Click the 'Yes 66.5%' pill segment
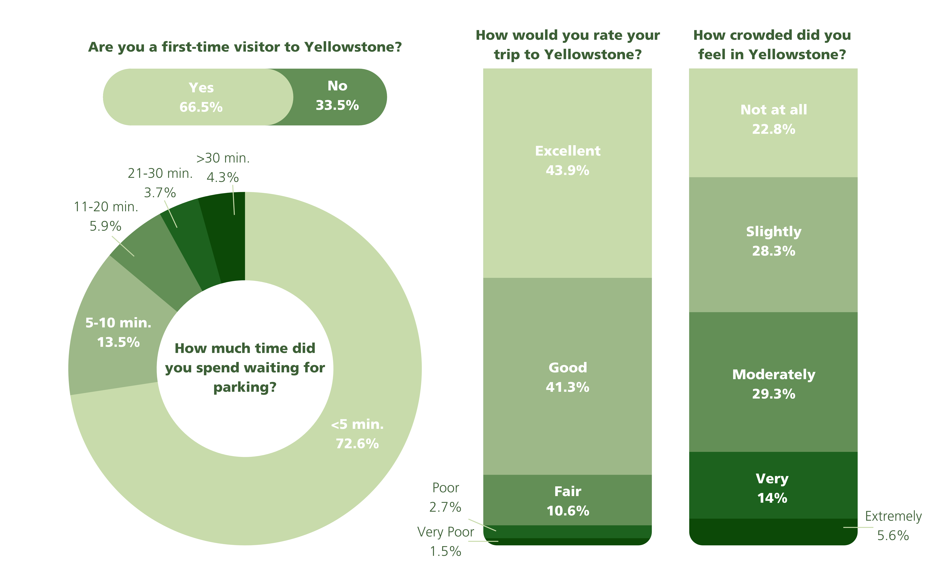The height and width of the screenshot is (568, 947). coord(199,97)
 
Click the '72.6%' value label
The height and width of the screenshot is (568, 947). coord(357,444)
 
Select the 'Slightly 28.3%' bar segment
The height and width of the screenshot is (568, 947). coord(773,241)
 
